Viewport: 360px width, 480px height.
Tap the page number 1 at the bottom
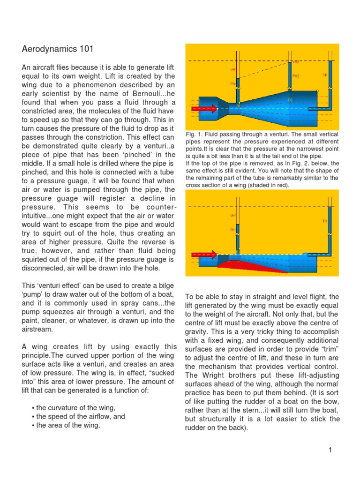pos(330,450)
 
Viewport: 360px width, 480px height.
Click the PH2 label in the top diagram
pos(296,75)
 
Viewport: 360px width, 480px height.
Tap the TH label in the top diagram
pos(325,75)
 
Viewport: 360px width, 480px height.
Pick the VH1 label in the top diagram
pos(233,70)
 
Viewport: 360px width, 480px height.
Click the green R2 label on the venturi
pos(290,100)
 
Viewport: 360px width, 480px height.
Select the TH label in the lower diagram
pos(325,221)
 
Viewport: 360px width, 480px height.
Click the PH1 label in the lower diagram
pos(233,230)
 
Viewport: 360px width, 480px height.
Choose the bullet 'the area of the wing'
pos(68,426)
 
